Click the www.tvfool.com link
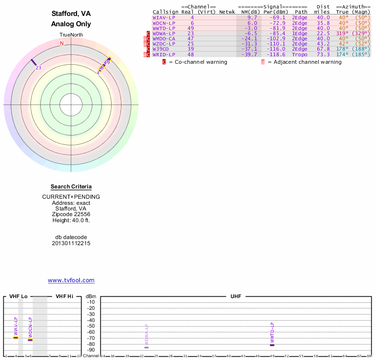(71, 280)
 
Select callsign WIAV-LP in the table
(164, 17)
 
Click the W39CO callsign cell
(161, 49)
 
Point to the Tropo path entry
(300, 54)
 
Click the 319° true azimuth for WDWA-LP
(342, 33)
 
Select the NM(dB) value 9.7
(252, 17)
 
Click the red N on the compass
(61, 43)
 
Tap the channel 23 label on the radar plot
(38, 67)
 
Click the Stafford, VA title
(71, 14)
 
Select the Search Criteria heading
(71, 187)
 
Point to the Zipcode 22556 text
(71, 214)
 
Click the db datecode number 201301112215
(71, 243)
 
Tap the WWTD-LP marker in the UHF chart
(272, 345)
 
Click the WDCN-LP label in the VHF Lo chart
(30, 328)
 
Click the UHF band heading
(235, 296)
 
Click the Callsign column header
(165, 12)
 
